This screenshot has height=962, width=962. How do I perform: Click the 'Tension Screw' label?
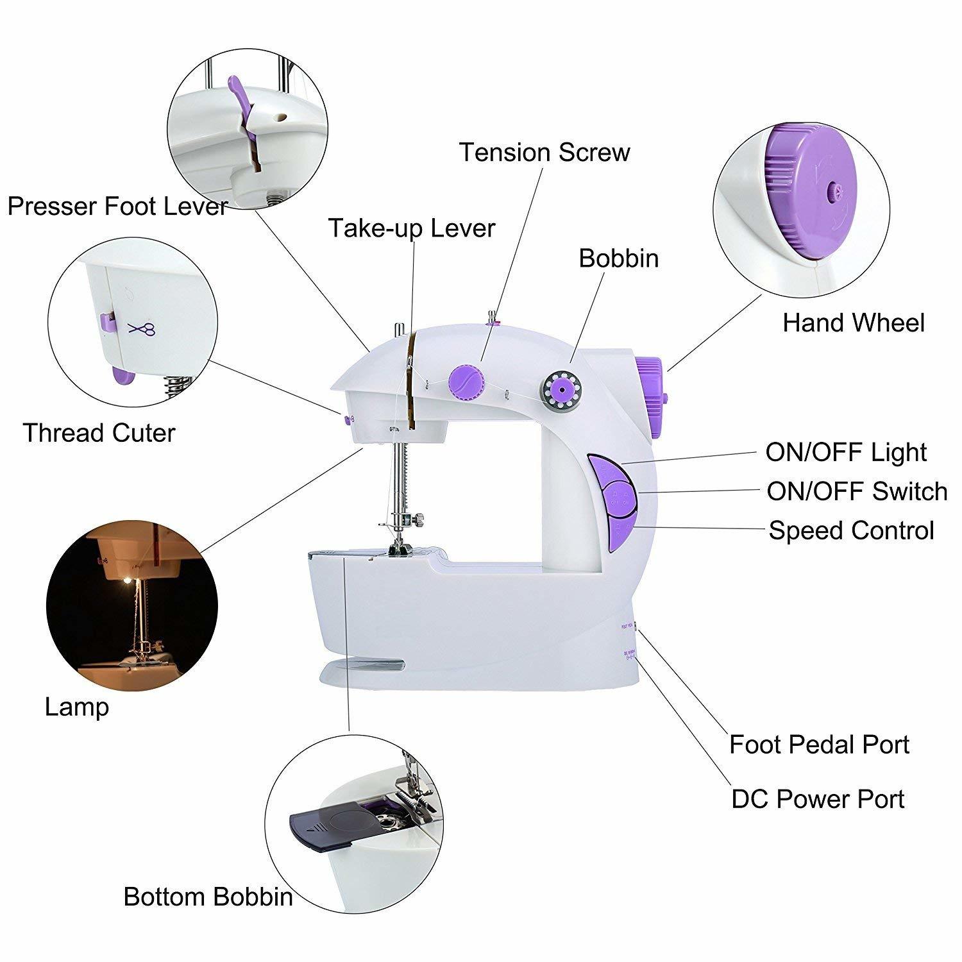tap(544, 153)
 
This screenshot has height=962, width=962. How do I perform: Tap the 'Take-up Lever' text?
tap(412, 228)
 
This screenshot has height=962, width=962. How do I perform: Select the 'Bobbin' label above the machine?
tap(618, 258)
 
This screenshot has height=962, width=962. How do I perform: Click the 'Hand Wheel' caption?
tap(853, 323)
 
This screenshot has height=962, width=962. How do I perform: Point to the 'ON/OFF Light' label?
tap(845, 453)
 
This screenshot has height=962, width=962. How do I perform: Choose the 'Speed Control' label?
tap(851, 531)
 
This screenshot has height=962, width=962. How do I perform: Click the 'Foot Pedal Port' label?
tap(819, 745)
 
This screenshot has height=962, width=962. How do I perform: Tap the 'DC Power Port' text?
tap(818, 800)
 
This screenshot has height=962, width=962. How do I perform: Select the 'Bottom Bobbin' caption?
tap(208, 897)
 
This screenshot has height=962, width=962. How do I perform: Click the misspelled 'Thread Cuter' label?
tap(99, 434)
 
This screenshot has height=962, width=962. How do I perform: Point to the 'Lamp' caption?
tap(76, 707)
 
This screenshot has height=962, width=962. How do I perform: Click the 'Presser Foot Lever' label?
tap(117, 207)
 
